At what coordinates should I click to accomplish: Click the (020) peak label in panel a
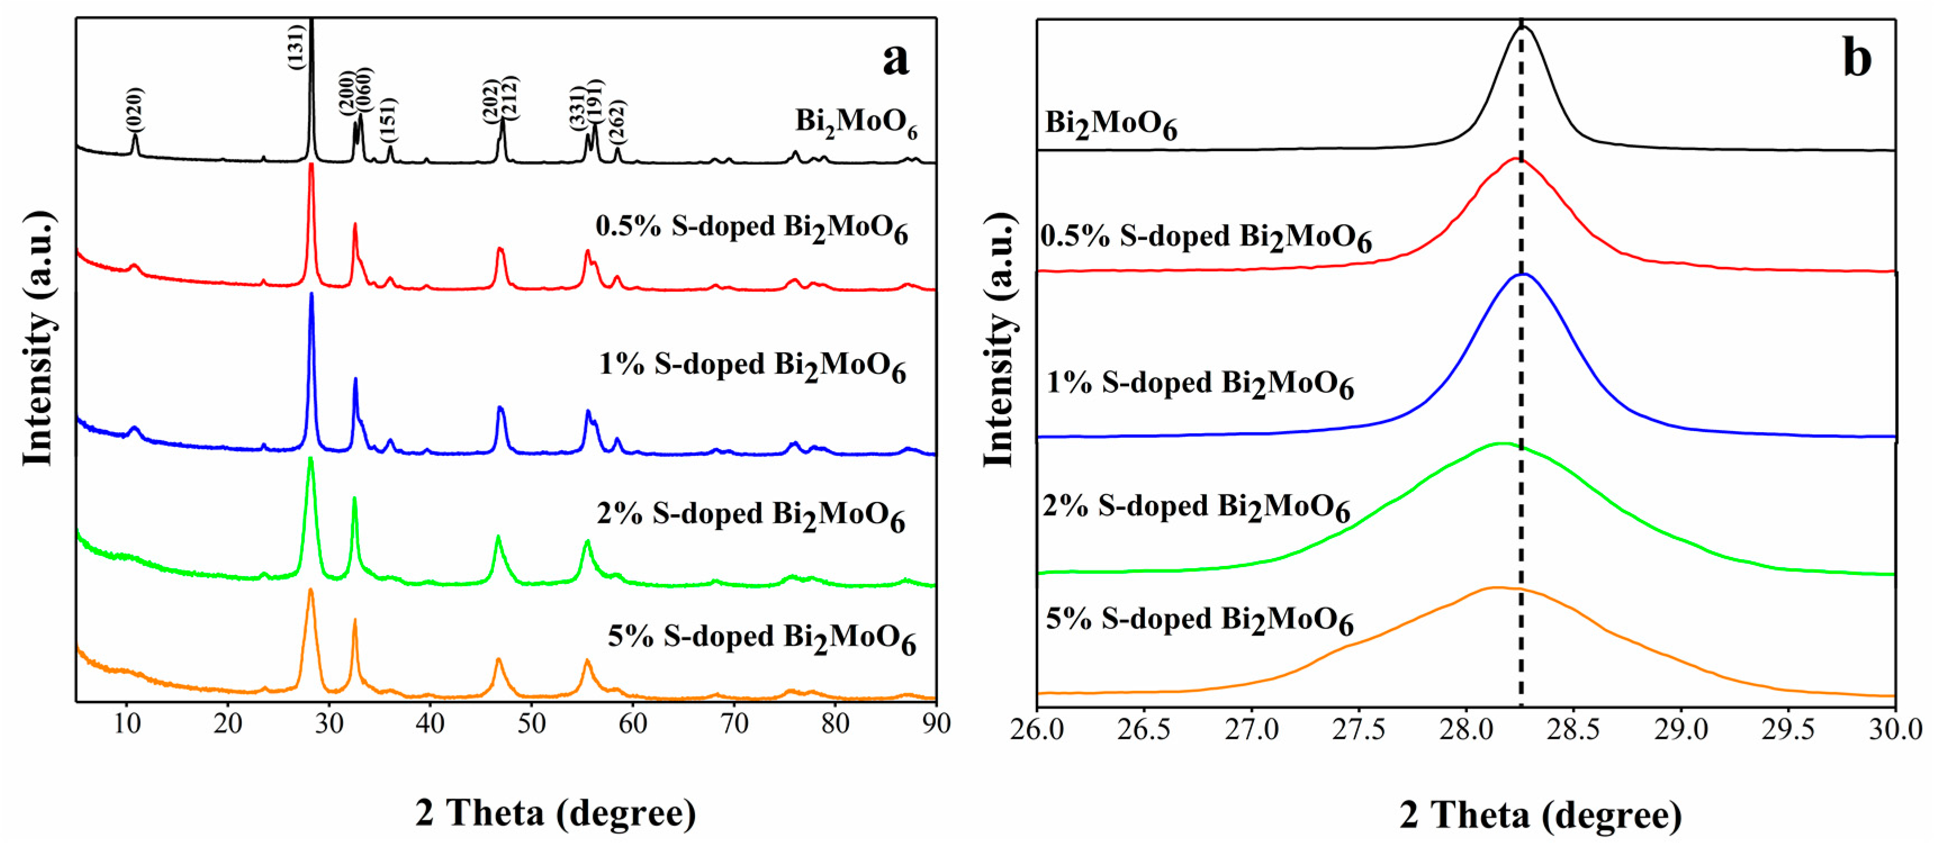click(x=134, y=110)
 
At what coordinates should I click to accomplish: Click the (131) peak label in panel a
click(x=297, y=47)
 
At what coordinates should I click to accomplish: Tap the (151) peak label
click(x=389, y=120)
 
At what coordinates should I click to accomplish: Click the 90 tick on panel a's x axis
click(x=935, y=724)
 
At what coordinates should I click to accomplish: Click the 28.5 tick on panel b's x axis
click(x=1573, y=729)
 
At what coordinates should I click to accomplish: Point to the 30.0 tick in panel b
click(x=1895, y=729)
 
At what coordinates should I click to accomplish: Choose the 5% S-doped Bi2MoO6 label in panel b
click(x=1199, y=621)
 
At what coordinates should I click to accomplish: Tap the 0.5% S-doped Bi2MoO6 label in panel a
click(x=751, y=228)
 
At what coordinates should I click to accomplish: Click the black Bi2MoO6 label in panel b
click(x=1110, y=124)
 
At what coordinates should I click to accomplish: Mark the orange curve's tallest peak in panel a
click(x=310, y=591)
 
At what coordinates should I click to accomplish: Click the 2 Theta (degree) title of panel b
click(x=1540, y=814)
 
